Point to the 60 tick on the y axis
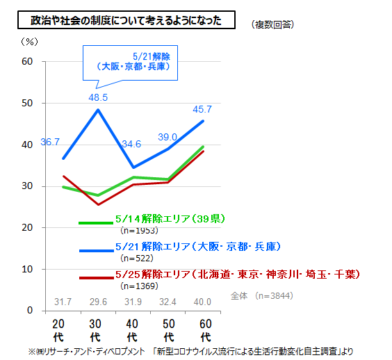27,62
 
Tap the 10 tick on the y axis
27,269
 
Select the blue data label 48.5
98,97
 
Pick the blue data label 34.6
132,144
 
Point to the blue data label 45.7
202,109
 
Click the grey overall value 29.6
98,302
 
